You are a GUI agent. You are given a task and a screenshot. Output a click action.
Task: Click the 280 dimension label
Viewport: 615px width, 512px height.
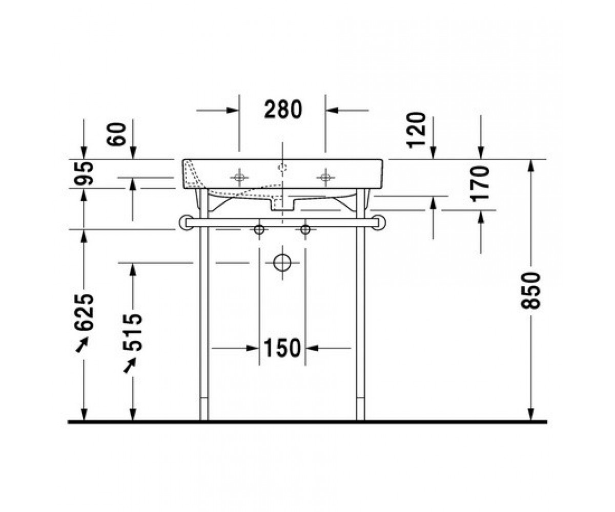(x=283, y=109)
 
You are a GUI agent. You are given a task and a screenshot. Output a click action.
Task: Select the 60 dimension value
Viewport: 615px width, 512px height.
(x=116, y=134)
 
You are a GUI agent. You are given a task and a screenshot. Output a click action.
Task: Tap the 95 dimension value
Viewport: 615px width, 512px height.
(x=84, y=174)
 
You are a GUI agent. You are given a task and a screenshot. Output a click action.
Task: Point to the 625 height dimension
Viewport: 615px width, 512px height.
(x=84, y=312)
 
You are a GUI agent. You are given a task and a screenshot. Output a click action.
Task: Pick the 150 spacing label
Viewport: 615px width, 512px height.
(x=282, y=348)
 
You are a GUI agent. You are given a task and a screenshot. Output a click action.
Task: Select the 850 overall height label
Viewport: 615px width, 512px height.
(x=531, y=291)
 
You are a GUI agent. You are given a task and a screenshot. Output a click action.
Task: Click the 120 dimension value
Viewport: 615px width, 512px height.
(x=416, y=130)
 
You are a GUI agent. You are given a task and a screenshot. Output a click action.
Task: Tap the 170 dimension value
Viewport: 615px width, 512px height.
(x=480, y=184)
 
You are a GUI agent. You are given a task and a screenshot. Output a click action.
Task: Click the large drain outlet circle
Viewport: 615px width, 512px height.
(x=282, y=263)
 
